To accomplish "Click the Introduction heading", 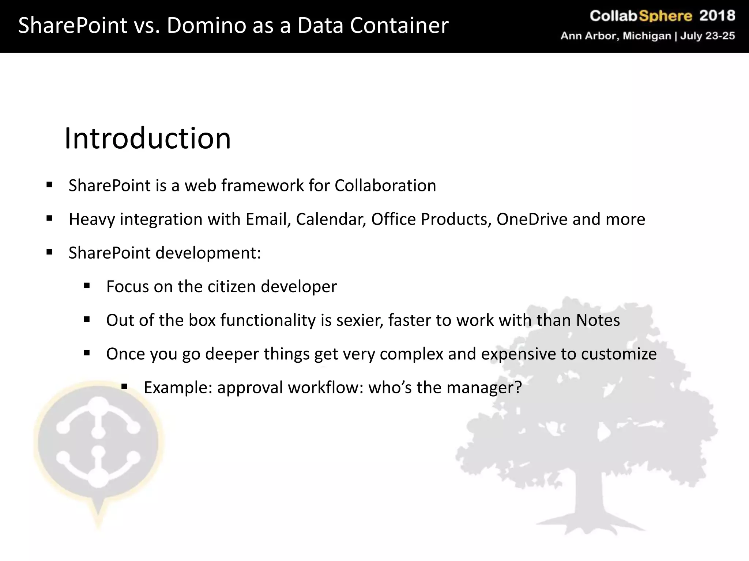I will pyautogui.click(x=147, y=138).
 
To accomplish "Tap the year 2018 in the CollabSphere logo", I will pyautogui.click(x=717, y=16).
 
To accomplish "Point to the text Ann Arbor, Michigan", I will pyautogui.click(x=616, y=36).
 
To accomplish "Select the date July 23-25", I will pyautogui.click(x=707, y=36).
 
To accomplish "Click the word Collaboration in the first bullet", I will pyautogui.click(x=385, y=186).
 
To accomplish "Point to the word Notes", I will pyautogui.click(x=598, y=320).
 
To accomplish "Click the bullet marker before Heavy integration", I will pyautogui.click(x=49, y=219).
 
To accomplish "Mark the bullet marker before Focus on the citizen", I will pyautogui.click(x=87, y=286).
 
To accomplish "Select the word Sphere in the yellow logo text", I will pyautogui.click(x=665, y=16).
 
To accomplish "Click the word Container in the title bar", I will pyautogui.click(x=399, y=26).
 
